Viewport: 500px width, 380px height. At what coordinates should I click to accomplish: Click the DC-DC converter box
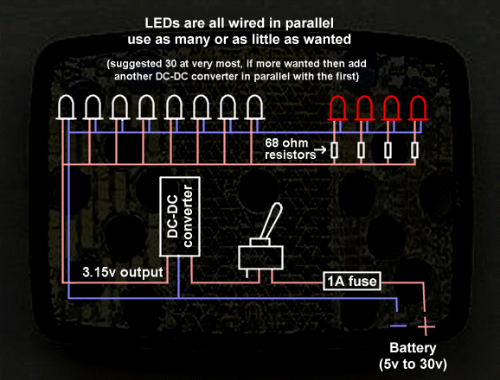coord(180,217)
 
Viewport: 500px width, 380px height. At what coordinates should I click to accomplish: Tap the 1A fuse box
coord(352,281)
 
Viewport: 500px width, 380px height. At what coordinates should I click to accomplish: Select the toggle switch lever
coord(272,221)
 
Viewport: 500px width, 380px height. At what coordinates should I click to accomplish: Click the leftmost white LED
coord(66,107)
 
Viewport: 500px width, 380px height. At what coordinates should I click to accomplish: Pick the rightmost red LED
coord(418,108)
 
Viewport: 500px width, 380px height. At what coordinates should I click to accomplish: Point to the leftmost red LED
coord(337,108)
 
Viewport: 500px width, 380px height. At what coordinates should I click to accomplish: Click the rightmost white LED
coord(254,107)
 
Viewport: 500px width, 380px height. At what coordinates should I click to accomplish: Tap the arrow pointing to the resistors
coord(320,149)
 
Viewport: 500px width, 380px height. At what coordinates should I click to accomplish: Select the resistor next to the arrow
coord(334,150)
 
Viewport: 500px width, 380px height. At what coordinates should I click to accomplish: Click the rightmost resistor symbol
coord(414,150)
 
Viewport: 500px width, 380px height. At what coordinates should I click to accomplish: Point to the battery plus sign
coord(426,326)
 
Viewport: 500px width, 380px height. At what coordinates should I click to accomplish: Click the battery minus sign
coord(398,326)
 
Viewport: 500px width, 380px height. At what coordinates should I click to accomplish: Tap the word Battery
coord(413,348)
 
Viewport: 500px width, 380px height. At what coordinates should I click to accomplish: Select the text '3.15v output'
coord(123,272)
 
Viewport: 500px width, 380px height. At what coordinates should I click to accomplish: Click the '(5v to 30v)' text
coord(413,364)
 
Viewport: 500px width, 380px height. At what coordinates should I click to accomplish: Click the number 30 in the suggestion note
coord(170,64)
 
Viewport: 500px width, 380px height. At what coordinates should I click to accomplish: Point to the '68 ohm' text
coord(286,143)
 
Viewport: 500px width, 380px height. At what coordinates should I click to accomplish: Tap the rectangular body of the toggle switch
coord(261,257)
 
